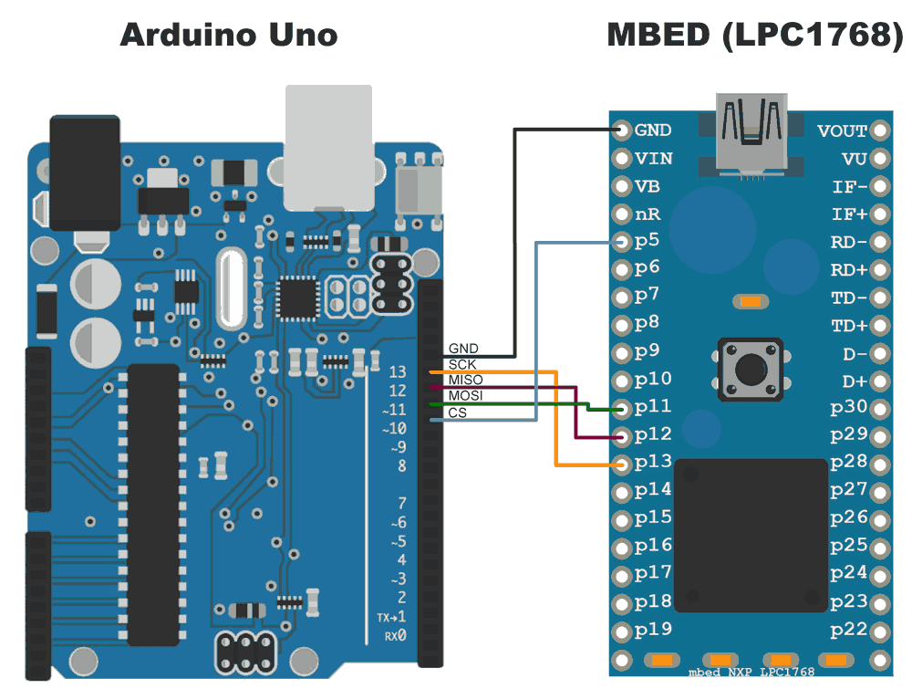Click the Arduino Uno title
click(229, 36)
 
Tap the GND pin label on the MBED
click(653, 130)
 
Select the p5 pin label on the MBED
click(647, 241)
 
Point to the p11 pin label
click(653, 406)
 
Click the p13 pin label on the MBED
click(653, 462)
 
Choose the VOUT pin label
click(842, 131)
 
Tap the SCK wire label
click(462, 364)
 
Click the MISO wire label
click(465, 380)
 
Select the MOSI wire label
click(465, 395)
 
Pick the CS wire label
click(457, 412)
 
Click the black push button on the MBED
click(751, 369)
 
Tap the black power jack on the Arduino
click(85, 173)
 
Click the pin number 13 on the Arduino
click(397, 372)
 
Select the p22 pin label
click(848, 630)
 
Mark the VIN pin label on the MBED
click(654, 159)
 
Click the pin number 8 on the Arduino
click(401, 466)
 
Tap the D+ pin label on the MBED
click(855, 381)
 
